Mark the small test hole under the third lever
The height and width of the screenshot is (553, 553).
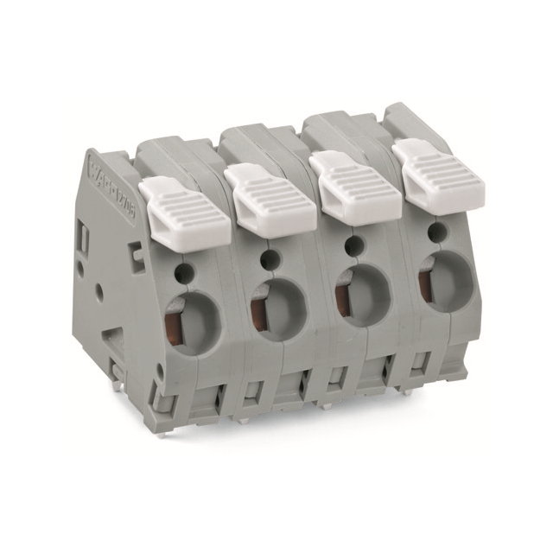[354, 245]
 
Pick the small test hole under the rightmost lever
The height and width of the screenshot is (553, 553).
[438, 230]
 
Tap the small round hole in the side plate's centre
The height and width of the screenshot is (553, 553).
[100, 292]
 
